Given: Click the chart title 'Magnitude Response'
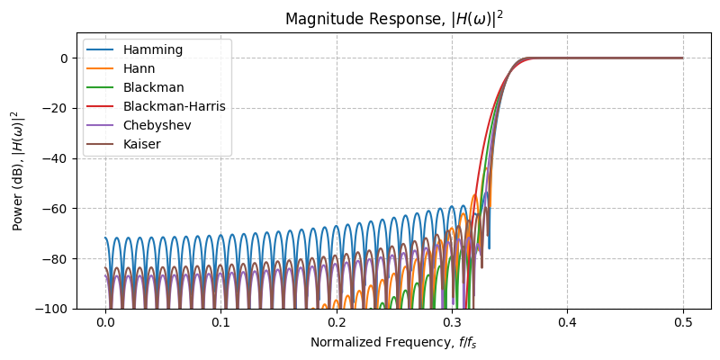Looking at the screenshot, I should [x=393, y=19].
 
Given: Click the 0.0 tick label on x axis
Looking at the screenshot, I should [x=105, y=322].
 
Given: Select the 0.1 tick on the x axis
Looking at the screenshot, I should [x=220, y=322].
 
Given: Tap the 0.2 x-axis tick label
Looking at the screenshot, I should [x=337, y=322].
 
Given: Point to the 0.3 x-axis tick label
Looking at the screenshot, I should [x=452, y=322].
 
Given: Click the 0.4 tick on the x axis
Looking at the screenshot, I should [x=567, y=322].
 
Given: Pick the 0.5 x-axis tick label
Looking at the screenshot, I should [x=682, y=322].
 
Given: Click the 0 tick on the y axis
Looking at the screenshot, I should [x=65, y=58].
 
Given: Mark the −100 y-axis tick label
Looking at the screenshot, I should [x=53, y=309].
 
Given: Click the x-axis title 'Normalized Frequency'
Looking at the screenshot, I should [x=393, y=342].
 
